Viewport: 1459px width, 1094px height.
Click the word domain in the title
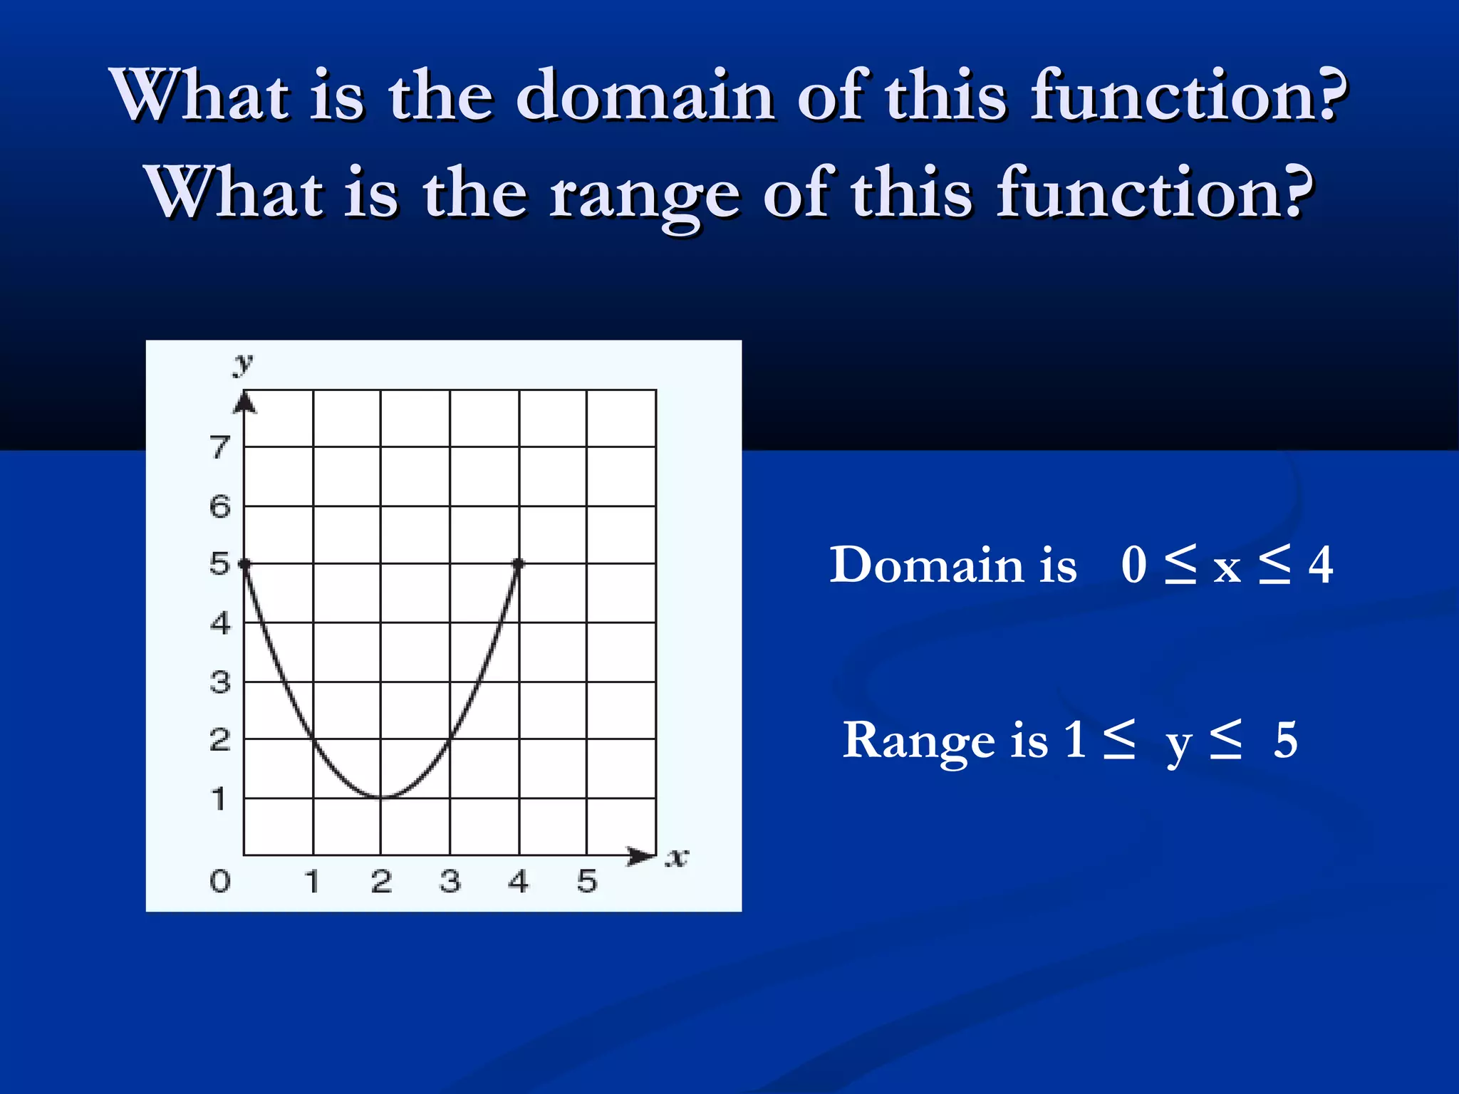pos(645,96)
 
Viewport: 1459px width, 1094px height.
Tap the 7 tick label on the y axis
pos(220,447)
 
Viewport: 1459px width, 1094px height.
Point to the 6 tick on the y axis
pos(220,506)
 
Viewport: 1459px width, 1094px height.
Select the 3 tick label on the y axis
pos(220,682)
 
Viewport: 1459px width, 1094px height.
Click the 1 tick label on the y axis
pos(220,799)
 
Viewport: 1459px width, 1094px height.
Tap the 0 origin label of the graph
pos(220,882)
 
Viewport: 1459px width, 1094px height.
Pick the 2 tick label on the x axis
pos(381,882)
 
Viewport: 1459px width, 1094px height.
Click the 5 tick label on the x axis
pos(586,882)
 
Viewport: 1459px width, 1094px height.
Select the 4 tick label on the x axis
pos(519,882)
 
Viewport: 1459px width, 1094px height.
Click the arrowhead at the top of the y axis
pos(244,402)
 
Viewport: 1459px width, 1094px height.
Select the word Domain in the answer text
pos(952,566)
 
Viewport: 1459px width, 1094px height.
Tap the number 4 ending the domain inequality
pos(1320,566)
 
